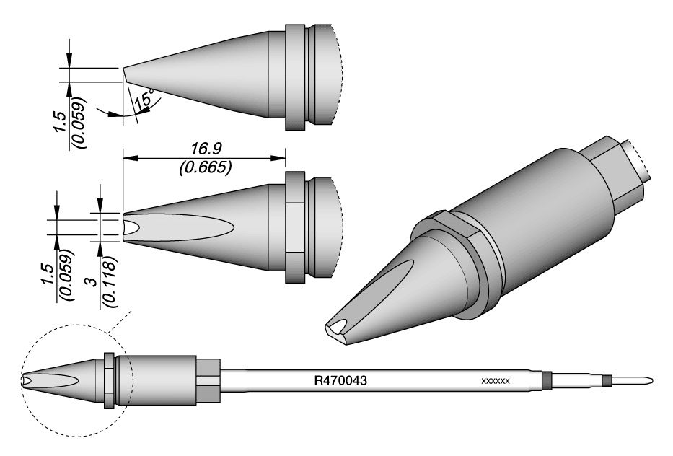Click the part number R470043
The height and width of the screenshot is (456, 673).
[x=341, y=379]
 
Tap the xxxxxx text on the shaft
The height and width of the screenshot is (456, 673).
[x=496, y=380]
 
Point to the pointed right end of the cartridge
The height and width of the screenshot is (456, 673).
[x=651, y=380]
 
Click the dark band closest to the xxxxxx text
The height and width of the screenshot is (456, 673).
[x=547, y=380]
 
